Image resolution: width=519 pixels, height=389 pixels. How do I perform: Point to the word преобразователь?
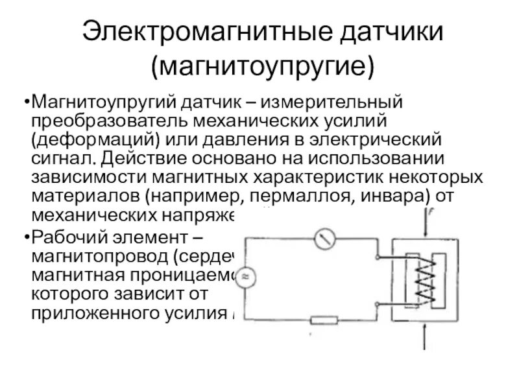[120, 121]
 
